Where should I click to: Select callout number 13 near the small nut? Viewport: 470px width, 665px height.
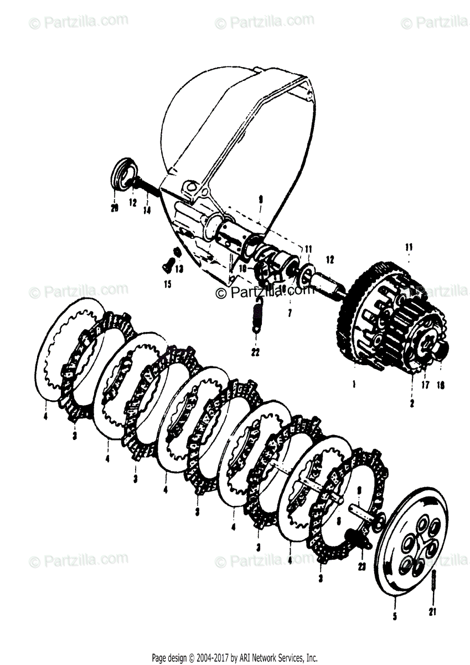coord(178,269)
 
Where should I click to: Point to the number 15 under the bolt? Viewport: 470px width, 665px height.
coord(168,284)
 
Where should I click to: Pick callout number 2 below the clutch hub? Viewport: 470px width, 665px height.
coord(412,404)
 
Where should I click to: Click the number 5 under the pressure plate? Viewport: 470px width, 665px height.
coord(394,616)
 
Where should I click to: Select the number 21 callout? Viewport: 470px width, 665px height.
coord(432,612)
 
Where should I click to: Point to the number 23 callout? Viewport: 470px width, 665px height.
coord(362,566)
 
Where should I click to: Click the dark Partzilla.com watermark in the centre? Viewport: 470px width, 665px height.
coord(265,291)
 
